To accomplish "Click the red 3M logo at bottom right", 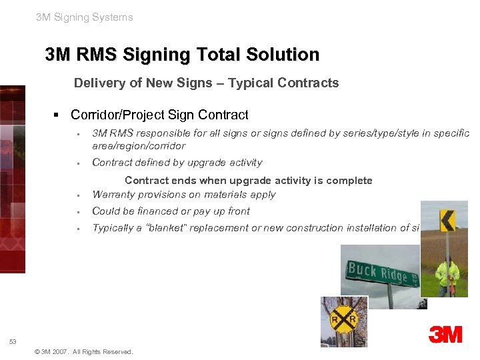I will pos(445,334).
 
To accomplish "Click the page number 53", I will pos(13,341).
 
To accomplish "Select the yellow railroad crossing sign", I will pos(343,321).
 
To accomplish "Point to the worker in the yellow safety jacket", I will pos(447,275).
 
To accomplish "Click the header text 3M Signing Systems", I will pos(85,17).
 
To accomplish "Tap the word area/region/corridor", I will pos(139,146).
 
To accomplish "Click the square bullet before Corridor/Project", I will pos(58,115).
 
